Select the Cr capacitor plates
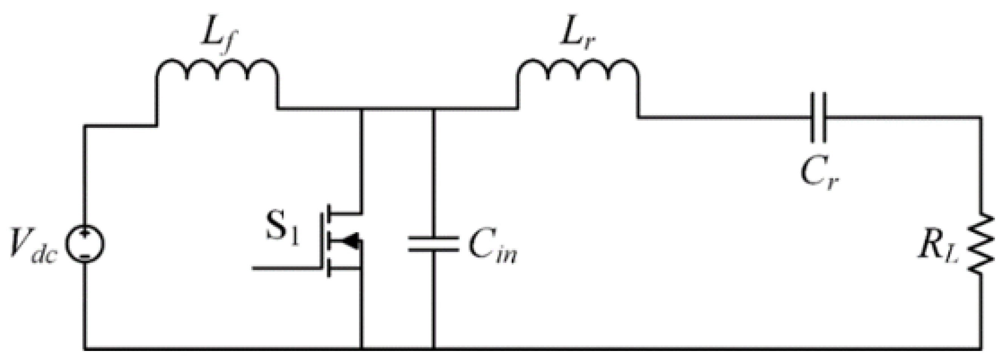click(818, 117)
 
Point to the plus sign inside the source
click(85, 233)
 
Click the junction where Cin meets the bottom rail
click(433, 348)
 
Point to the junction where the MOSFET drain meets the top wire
click(362, 109)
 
